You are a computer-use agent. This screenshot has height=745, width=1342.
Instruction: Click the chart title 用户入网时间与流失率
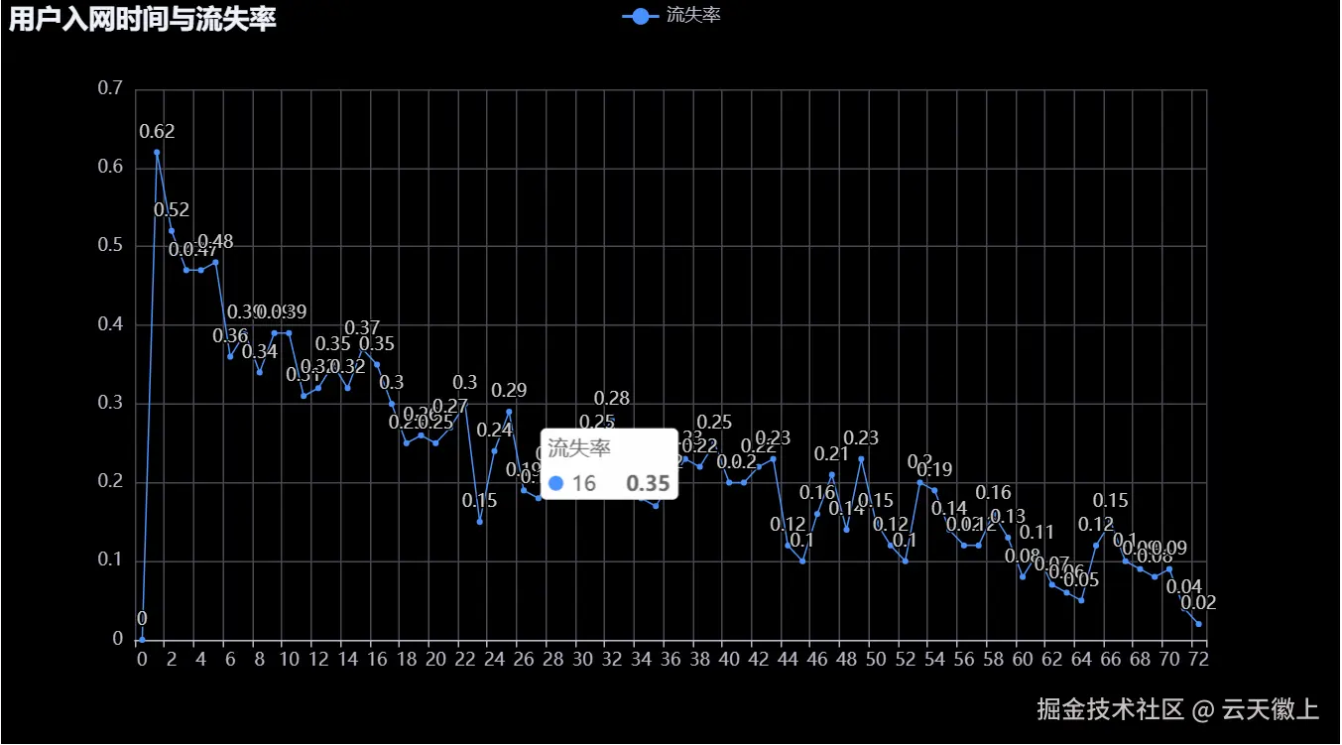pyautogui.click(x=143, y=18)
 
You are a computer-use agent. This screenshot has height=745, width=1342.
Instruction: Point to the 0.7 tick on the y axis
pyautogui.click(x=109, y=88)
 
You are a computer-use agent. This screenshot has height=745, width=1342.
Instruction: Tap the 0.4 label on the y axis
pyautogui.click(x=109, y=324)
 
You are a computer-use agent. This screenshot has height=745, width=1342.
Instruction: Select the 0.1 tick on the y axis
pyautogui.click(x=109, y=560)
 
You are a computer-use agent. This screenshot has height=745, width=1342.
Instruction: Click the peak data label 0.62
pyautogui.click(x=157, y=131)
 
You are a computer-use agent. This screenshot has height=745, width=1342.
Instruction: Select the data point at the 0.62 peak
pyautogui.click(x=157, y=152)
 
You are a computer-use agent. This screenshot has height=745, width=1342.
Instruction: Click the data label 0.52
pyautogui.click(x=172, y=209)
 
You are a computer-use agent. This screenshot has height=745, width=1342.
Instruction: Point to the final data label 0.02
pyautogui.click(x=1198, y=602)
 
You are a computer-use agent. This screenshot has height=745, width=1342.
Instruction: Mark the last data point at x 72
pyautogui.click(x=1199, y=624)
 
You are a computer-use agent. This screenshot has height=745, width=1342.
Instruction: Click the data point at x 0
pyautogui.click(x=142, y=639)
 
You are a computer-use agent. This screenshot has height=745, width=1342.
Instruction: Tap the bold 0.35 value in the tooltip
pyautogui.click(x=649, y=483)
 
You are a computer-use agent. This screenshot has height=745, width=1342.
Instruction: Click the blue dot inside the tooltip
pyautogui.click(x=556, y=483)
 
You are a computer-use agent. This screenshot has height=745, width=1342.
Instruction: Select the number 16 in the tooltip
pyautogui.click(x=584, y=483)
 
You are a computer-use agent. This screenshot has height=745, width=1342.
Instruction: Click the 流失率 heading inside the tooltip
pyautogui.click(x=579, y=448)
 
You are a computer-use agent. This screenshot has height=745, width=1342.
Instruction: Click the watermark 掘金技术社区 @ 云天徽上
pyautogui.click(x=1177, y=709)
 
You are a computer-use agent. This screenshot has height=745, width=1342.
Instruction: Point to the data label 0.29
pyautogui.click(x=509, y=390)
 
